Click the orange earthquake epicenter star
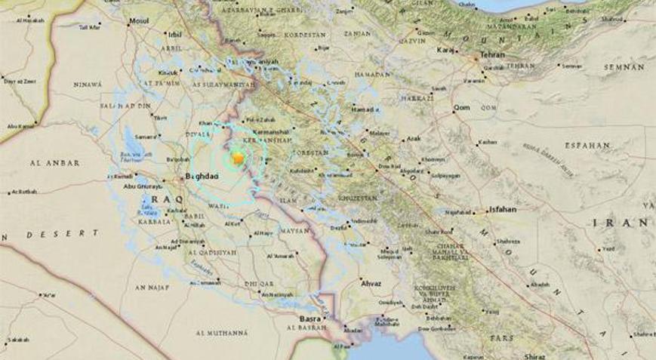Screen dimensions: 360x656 (x=238, y=158)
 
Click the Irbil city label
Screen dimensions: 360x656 (x=176, y=35)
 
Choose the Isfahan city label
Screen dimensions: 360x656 (x=502, y=211)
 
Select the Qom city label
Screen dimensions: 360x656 (x=461, y=108)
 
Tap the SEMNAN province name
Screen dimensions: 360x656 (x=624, y=67)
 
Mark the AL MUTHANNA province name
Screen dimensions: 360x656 (x=222, y=332)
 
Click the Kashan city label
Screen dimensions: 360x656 (x=488, y=142)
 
